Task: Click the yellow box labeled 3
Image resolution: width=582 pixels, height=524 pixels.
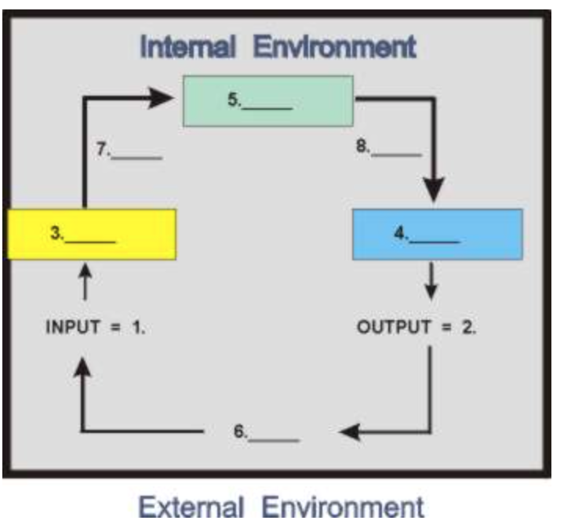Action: click(91, 234)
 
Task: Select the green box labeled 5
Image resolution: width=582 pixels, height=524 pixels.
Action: click(267, 100)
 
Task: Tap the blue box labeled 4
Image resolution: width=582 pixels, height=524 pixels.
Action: click(437, 234)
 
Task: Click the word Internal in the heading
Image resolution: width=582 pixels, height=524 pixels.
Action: click(187, 47)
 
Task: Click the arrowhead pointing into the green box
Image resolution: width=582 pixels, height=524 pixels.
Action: click(160, 97)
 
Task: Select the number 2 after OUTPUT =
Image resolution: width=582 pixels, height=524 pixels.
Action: click(469, 327)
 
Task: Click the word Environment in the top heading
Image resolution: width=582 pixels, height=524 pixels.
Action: click(335, 47)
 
